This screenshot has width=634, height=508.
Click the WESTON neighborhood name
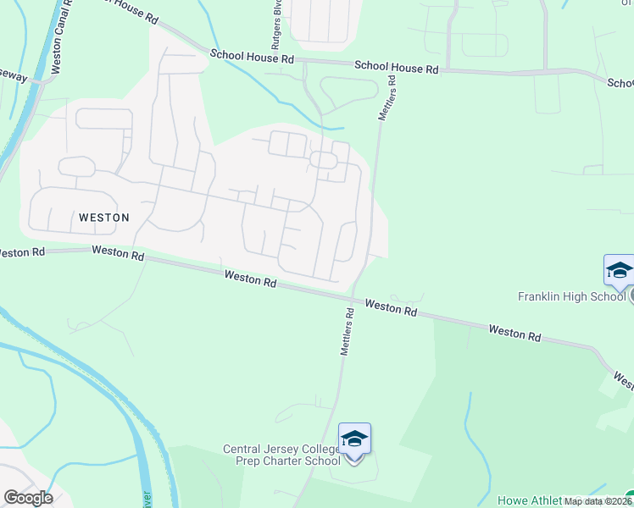tap(103, 218)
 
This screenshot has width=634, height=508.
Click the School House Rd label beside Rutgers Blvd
tap(252, 58)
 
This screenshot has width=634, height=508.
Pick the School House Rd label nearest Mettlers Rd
tap(396, 66)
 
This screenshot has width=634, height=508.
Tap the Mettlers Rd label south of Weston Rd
tap(348, 331)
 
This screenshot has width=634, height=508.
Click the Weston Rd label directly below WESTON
tap(118, 251)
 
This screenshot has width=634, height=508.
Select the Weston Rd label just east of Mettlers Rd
tap(391, 307)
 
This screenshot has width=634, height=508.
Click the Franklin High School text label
tap(571, 296)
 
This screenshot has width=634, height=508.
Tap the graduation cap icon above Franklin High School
tap(619, 271)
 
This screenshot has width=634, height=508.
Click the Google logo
tap(27, 498)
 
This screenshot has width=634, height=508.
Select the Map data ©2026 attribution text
tap(597, 501)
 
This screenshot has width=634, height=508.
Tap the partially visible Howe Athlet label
tap(529, 500)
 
